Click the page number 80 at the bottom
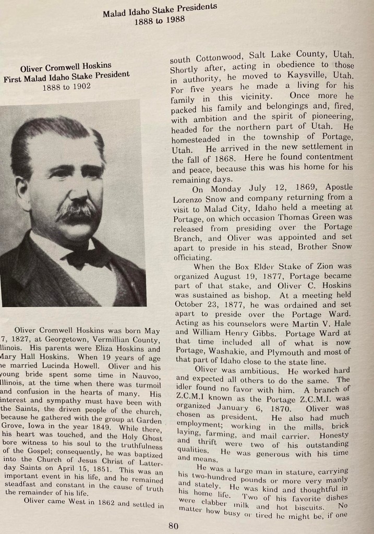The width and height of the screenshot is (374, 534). pyautogui.click(x=173, y=525)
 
